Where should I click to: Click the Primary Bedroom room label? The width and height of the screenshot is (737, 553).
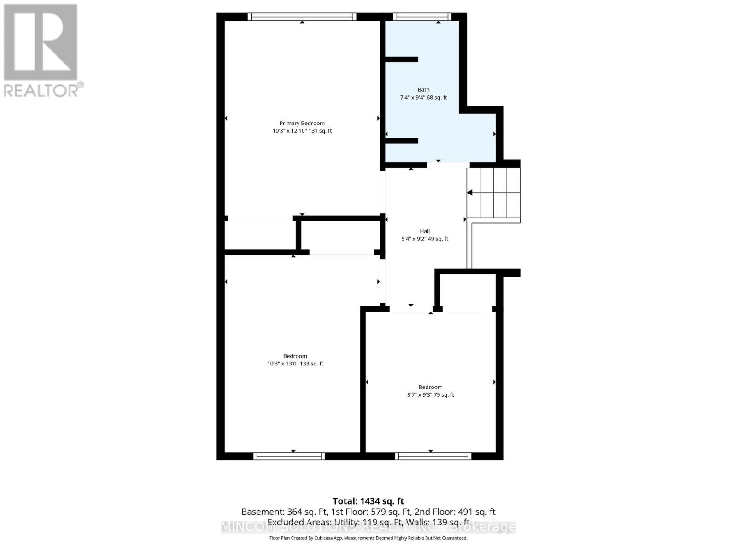pyautogui.click(x=302, y=123)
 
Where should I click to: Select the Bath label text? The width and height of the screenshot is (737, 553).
pyautogui.click(x=423, y=90)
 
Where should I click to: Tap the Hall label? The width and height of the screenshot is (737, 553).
pyautogui.click(x=424, y=231)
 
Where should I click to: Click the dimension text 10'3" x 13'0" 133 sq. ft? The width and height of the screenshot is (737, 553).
pyautogui.click(x=295, y=364)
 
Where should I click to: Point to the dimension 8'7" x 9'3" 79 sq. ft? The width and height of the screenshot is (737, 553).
pyautogui.click(x=430, y=395)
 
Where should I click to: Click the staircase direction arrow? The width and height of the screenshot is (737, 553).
pyautogui.click(x=470, y=193)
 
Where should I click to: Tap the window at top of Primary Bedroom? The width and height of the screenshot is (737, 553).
pyautogui.click(x=302, y=17)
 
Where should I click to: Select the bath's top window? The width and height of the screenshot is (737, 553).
pyautogui.click(x=422, y=17)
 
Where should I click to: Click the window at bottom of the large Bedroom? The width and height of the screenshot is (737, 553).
pyautogui.click(x=289, y=456)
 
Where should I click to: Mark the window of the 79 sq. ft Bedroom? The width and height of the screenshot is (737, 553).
pyautogui.click(x=433, y=456)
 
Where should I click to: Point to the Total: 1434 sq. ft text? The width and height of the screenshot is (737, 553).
pyautogui.click(x=368, y=501)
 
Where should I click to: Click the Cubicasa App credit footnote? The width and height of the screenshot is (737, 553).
pyautogui.click(x=368, y=538)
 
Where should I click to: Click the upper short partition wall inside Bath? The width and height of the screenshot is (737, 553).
pyautogui.click(x=401, y=59)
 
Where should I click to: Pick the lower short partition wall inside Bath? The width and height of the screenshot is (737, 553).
pyautogui.click(x=401, y=141)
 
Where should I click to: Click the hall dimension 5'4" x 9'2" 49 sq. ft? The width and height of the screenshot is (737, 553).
pyautogui.click(x=424, y=239)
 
